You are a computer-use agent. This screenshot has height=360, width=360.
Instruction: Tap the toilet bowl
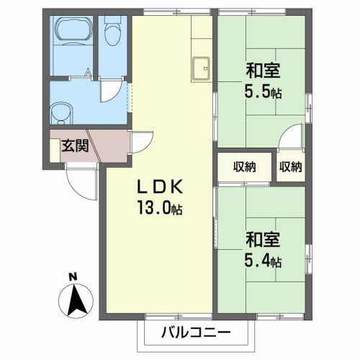tap(112, 32)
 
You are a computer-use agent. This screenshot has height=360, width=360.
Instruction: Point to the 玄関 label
tap(73, 146)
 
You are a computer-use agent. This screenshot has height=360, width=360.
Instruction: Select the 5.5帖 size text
tap(262, 93)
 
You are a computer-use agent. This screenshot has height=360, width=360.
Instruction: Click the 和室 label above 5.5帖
tap(262, 71)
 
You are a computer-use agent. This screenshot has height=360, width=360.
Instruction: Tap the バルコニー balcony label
tap(194, 333)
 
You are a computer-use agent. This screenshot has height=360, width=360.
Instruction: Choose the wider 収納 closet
tap(245, 167)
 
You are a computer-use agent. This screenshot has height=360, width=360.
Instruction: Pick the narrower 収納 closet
tap(291, 167)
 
